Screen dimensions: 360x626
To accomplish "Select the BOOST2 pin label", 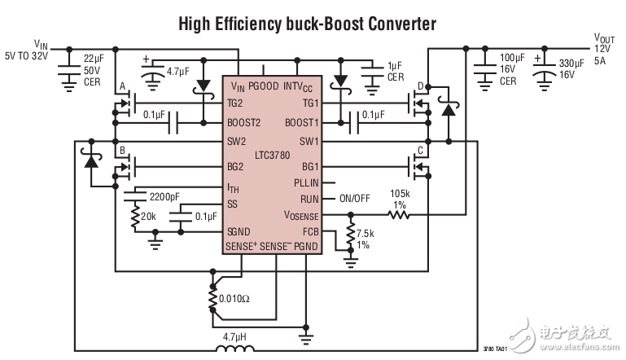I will coord(245,123).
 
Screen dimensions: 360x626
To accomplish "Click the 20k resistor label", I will coord(149,217).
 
